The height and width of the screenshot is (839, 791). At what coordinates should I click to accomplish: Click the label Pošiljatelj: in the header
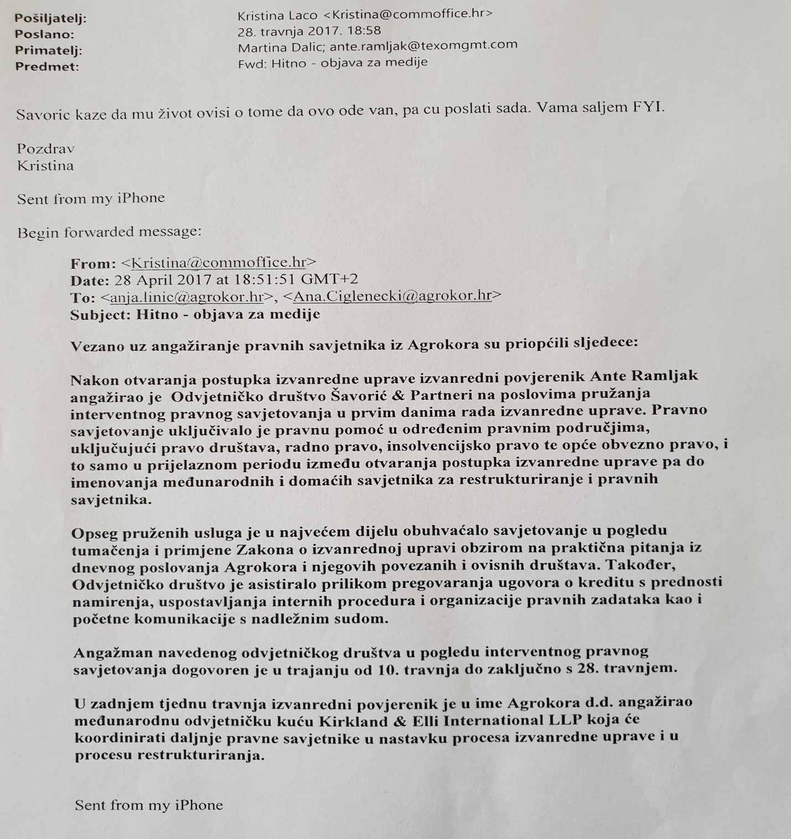click(50, 18)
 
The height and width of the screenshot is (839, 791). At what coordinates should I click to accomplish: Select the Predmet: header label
click(46, 67)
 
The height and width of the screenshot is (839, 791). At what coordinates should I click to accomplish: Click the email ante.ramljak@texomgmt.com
click(423, 45)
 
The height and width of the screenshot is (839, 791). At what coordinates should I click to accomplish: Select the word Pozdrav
click(45, 149)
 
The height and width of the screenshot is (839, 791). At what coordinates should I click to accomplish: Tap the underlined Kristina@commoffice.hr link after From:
click(218, 262)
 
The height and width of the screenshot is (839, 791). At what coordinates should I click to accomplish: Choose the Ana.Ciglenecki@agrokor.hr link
click(392, 295)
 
